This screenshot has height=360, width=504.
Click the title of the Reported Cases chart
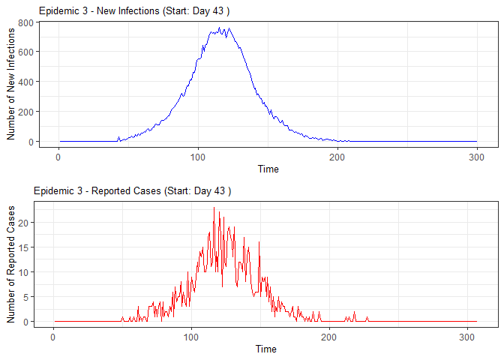click(132, 191)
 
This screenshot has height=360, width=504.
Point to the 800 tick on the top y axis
click(25, 22)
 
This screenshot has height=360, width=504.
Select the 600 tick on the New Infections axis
click(25, 52)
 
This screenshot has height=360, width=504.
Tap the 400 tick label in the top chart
click(25, 82)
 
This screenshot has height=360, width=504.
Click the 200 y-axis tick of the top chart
click(25, 112)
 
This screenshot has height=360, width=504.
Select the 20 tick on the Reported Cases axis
click(25, 223)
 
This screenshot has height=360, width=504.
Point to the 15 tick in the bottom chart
click(25, 247)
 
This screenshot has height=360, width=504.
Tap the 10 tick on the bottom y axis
click(25, 272)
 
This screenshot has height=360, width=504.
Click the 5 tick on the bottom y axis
click(27, 297)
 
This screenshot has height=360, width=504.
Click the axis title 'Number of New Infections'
click(11, 82)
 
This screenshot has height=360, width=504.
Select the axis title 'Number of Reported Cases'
click(11, 262)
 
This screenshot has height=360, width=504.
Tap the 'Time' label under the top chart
click(268, 169)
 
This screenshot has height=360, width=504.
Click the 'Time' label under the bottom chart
click(265, 349)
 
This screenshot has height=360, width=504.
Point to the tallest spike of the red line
click(214, 208)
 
